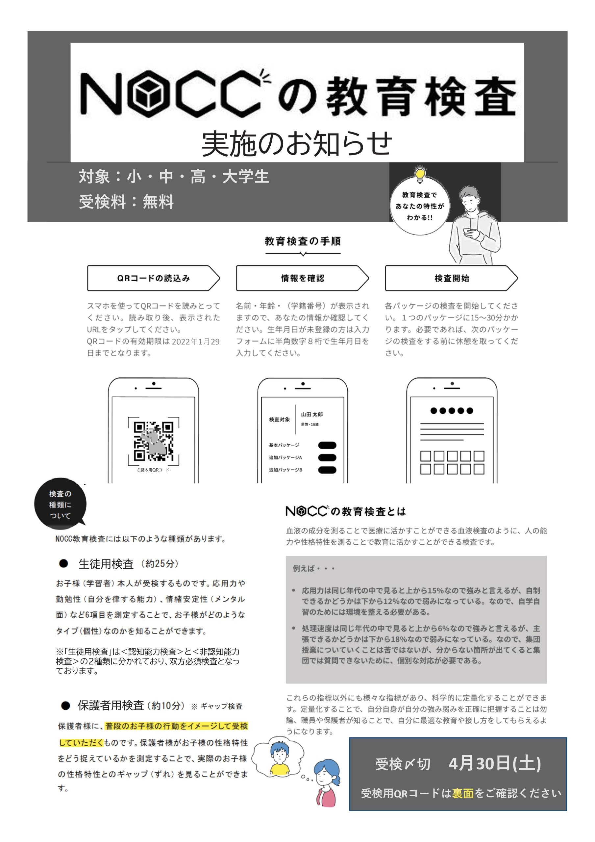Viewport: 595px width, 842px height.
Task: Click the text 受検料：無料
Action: click(126, 201)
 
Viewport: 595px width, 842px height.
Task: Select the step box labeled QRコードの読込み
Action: click(153, 278)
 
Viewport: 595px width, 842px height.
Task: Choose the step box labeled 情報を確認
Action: click(302, 278)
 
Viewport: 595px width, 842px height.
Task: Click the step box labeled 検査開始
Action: click(451, 278)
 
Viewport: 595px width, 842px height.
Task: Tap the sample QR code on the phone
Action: click(153, 441)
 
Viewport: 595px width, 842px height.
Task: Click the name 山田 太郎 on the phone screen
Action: click(312, 414)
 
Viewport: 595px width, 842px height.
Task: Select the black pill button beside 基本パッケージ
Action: click(327, 445)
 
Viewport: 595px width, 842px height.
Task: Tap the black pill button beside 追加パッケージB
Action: click(327, 470)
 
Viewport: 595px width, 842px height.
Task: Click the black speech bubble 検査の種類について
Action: click(60, 505)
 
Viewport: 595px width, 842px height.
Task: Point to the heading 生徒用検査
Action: click(106, 564)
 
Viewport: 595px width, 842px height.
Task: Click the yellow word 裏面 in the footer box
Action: click(462, 793)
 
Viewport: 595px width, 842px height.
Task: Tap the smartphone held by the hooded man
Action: click(468, 232)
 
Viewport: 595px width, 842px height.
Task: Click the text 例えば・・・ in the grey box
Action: click(314, 569)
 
